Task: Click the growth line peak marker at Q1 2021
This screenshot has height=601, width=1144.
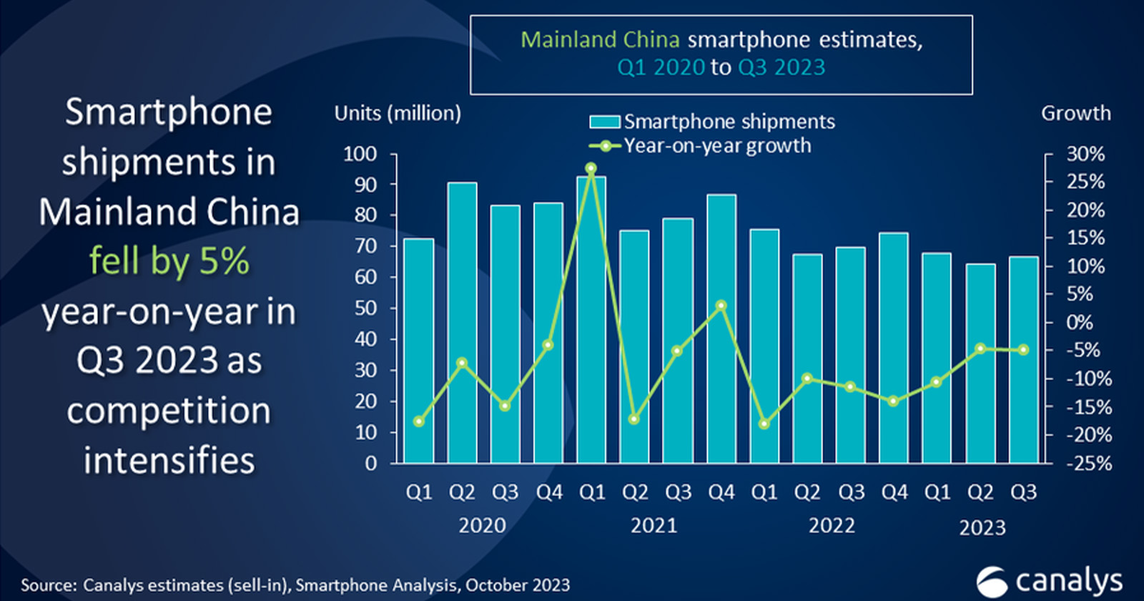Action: (591, 168)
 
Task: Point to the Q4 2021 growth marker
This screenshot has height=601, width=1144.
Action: (721, 306)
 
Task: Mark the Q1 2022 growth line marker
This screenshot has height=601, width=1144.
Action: (764, 424)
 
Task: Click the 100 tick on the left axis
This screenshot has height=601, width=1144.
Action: (360, 154)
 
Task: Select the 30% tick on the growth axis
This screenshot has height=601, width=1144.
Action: (1085, 154)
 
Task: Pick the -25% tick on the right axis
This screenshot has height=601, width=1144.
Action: (1089, 464)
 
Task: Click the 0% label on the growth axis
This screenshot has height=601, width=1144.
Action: (1080, 322)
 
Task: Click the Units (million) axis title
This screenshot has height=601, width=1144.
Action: (398, 113)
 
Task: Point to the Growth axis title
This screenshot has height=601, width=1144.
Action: (1075, 113)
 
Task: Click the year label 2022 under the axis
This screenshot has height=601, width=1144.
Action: (832, 526)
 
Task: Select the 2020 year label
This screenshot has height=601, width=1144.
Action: (482, 526)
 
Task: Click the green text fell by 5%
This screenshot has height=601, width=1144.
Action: (169, 261)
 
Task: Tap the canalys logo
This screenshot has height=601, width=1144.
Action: (1049, 580)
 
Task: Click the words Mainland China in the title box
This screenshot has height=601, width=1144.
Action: (599, 39)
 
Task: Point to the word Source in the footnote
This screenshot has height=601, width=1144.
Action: (48, 585)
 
